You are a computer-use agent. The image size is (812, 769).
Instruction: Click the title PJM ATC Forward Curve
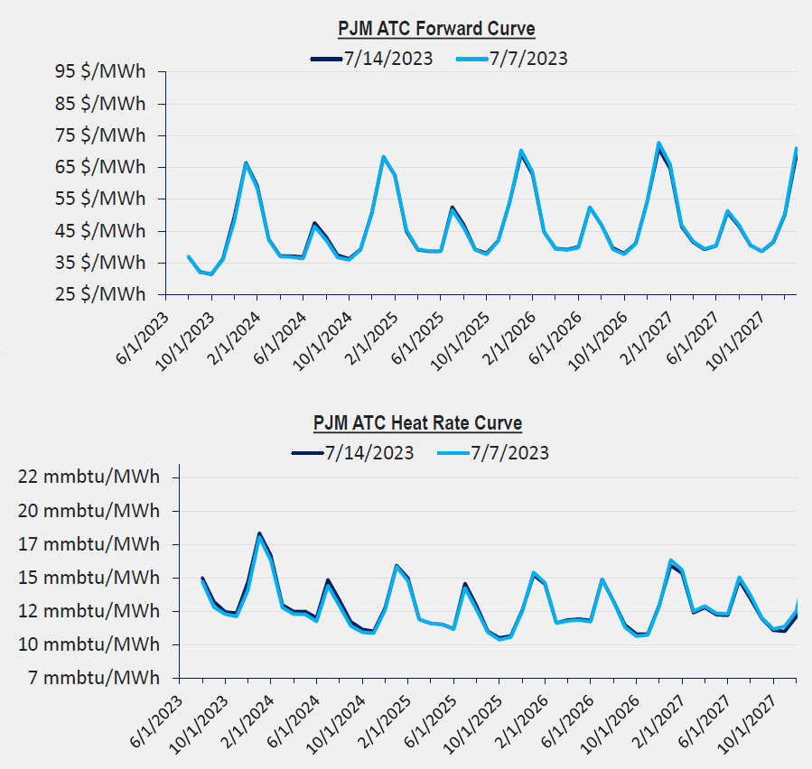click(436, 29)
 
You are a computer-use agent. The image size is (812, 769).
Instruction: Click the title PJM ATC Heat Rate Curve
click(417, 422)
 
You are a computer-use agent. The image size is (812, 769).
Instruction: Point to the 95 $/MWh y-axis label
click(100, 72)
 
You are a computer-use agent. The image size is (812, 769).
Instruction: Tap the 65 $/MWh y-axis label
click(100, 167)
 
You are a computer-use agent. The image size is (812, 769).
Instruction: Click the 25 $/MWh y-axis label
click(100, 294)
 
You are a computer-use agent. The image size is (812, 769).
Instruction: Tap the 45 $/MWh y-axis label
click(100, 231)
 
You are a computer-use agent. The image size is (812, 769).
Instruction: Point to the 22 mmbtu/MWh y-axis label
click(89, 477)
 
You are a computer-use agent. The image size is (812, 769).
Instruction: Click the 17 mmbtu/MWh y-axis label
click(89, 544)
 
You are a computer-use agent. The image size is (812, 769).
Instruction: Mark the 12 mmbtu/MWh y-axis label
click(89, 611)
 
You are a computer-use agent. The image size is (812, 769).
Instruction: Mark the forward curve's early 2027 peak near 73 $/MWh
click(658, 144)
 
